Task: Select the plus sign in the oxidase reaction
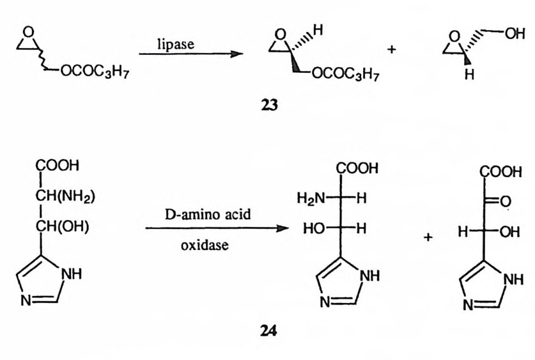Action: click(427, 237)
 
